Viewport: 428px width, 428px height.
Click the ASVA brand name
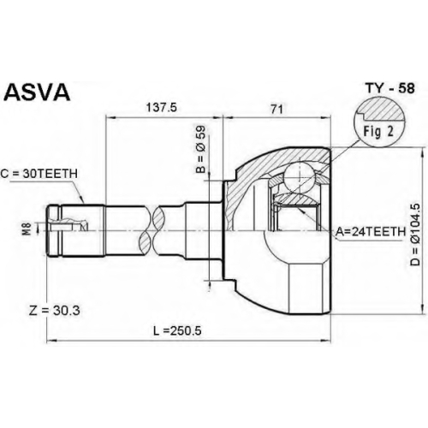[38, 92]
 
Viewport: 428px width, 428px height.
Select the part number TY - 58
[390, 88]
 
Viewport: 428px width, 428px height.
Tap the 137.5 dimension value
[162, 108]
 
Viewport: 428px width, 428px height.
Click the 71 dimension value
[276, 109]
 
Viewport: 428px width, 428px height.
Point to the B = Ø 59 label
[200, 150]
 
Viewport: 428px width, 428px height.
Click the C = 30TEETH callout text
[39, 173]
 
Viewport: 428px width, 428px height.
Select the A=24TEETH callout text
[371, 231]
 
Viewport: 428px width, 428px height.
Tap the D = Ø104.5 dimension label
[415, 235]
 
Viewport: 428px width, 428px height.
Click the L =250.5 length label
[177, 330]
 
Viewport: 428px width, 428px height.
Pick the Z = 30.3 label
[55, 311]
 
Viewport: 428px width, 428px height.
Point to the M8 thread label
[27, 229]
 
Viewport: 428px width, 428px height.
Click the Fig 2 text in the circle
[378, 132]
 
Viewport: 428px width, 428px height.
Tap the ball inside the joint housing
[299, 176]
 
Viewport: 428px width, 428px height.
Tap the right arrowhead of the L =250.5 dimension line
[327, 341]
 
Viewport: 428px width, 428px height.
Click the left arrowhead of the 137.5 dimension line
[110, 117]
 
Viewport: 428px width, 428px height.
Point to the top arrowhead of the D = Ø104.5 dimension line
[422, 152]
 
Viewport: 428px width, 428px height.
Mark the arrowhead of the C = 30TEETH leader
[82, 200]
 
